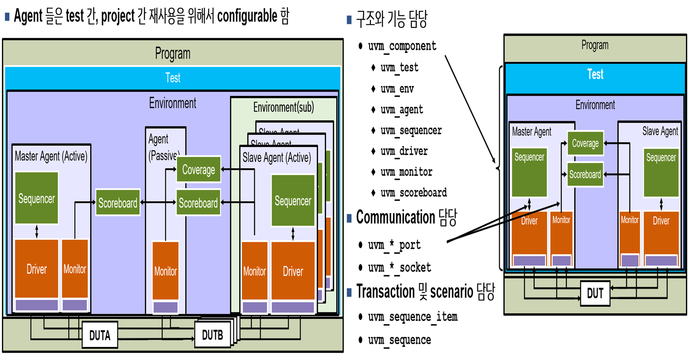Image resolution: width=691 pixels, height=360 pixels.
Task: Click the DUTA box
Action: click(x=100, y=335)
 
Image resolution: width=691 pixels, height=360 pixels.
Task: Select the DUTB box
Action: click(x=212, y=335)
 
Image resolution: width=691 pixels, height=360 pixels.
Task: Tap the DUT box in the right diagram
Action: click(x=595, y=293)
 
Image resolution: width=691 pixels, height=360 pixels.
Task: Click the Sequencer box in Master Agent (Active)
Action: click(x=37, y=198)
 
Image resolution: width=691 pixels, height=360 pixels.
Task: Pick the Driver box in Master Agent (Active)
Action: click(x=37, y=269)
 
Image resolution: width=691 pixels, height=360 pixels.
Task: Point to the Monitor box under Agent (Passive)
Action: click(x=165, y=271)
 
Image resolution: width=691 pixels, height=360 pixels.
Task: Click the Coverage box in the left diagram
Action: click(x=198, y=169)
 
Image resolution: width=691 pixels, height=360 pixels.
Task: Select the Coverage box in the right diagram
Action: click(x=585, y=143)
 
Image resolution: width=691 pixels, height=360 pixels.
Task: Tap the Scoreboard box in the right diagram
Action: click(x=585, y=174)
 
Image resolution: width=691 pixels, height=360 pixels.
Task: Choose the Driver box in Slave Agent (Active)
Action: click(x=293, y=271)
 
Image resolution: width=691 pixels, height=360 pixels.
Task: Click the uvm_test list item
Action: click(x=399, y=68)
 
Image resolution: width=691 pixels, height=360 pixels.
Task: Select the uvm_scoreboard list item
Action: click(x=413, y=193)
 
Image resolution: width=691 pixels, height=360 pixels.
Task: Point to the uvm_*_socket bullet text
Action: click(x=399, y=267)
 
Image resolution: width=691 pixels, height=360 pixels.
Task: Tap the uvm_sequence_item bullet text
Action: click(x=413, y=317)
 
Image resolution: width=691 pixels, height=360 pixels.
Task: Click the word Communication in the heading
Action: click(x=395, y=217)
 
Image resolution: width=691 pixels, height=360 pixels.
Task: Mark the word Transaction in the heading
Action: click(x=385, y=292)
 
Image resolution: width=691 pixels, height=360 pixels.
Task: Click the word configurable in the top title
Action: click(x=247, y=16)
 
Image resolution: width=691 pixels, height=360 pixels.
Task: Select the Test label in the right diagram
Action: click(x=595, y=74)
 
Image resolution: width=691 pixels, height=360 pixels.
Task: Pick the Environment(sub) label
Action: click(x=283, y=107)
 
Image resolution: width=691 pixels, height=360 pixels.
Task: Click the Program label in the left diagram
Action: click(x=173, y=53)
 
